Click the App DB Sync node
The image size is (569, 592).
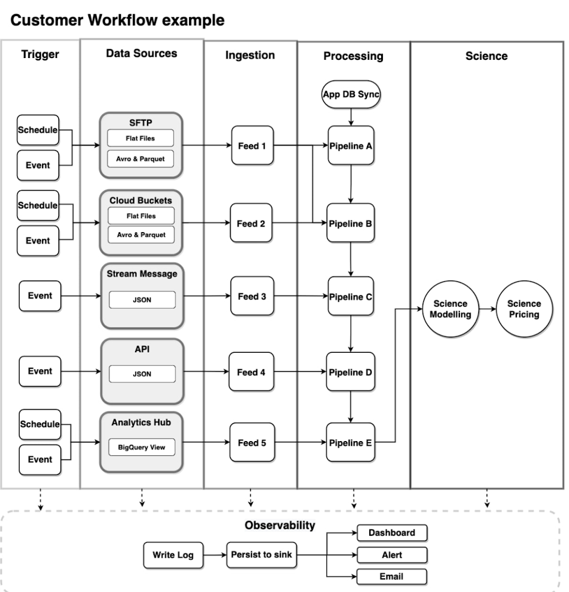pyautogui.click(x=351, y=95)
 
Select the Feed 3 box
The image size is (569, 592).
pyautogui.click(x=251, y=296)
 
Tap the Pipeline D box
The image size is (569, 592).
pyautogui.click(x=351, y=372)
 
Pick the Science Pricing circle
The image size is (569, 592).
pyautogui.click(x=524, y=308)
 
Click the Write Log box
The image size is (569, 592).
pyautogui.click(x=171, y=555)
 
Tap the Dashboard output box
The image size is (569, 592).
pyautogui.click(x=392, y=533)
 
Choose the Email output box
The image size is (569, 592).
pyautogui.click(x=392, y=576)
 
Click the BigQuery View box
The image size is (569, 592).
pyautogui.click(x=142, y=447)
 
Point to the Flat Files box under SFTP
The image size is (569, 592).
pyautogui.click(x=140, y=139)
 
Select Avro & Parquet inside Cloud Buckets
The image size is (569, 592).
pyautogui.click(x=141, y=234)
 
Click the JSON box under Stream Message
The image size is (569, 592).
pyautogui.click(x=142, y=300)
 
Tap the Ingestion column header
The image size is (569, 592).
pyautogui.click(x=250, y=55)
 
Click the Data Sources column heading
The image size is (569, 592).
pyautogui.click(x=141, y=53)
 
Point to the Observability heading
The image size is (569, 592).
pyautogui.click(x=280, y=525)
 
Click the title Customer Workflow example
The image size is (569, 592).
pyautogui.click(x=118, y=20)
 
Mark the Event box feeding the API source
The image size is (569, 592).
pyautogui.click(x=40, y=371)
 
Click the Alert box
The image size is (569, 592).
pyautogui.click(x=392, y=555)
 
